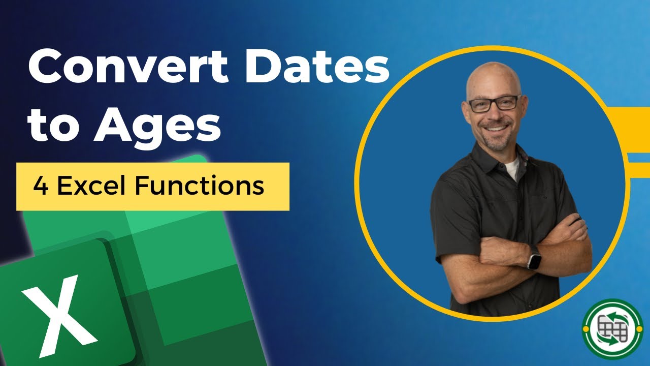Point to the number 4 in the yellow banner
(40, 187)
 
